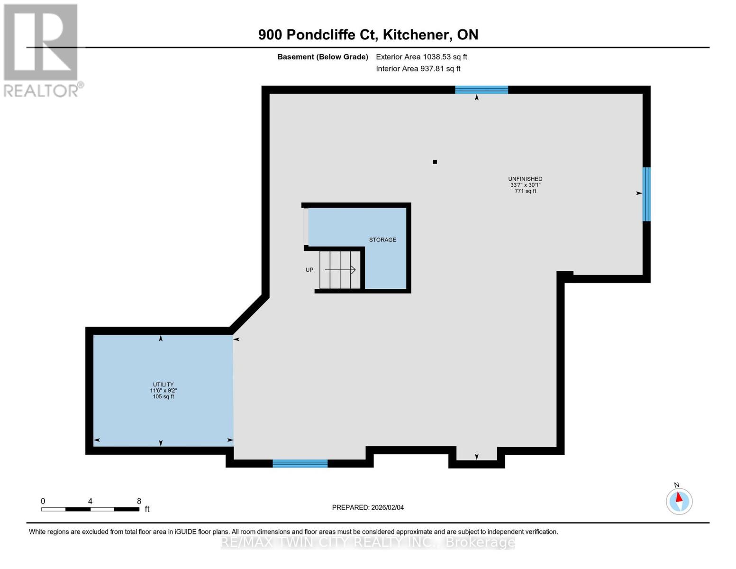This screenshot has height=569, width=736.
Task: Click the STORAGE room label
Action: click(x=382, y=240)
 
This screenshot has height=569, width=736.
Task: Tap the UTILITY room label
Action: click(x=163, y=385)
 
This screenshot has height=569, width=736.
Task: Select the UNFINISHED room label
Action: click(x=525, y=179)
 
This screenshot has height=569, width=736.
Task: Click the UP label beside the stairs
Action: click(x=309, y=270)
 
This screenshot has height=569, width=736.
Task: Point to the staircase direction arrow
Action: click(x=340, y=270)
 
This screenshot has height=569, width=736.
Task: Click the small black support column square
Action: click(x=435, y=162)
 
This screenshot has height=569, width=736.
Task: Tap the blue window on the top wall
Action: click(x=482, y=90)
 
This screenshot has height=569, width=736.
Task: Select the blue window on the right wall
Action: click(x=646, y=194)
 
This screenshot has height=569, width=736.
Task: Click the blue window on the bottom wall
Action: click(x=300, y=464)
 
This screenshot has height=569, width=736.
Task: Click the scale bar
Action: click(x=90, y=509)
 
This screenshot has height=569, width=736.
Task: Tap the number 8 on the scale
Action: click(x=139, y=501)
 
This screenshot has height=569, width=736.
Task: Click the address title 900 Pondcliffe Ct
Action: click(x=368, y=35)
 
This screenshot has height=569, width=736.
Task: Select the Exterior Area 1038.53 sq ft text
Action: click(x=421, y=57)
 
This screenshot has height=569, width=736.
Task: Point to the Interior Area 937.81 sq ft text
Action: click(x=418, y=69)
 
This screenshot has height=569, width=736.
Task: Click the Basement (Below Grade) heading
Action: click(x=323, y=57)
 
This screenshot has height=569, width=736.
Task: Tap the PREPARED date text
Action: click(x=368, y=507)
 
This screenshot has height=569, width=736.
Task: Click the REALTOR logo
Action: click(x=42, y=50)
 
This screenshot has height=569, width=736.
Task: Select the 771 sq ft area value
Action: click(x=525, y=191)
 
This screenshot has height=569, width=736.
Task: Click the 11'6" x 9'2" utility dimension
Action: click(x=163, y=391)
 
